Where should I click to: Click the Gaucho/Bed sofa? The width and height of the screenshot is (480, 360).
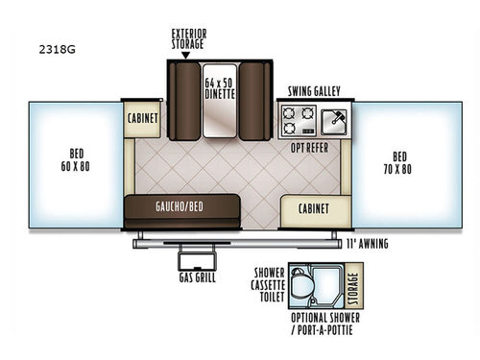pos(180,206)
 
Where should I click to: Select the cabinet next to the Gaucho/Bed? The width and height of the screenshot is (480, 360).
pos(314,208)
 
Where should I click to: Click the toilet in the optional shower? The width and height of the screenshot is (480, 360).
pos(302,286)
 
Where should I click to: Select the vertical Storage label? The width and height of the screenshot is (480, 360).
pos(353,284)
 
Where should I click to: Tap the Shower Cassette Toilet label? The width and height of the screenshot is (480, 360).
pos(267,284)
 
